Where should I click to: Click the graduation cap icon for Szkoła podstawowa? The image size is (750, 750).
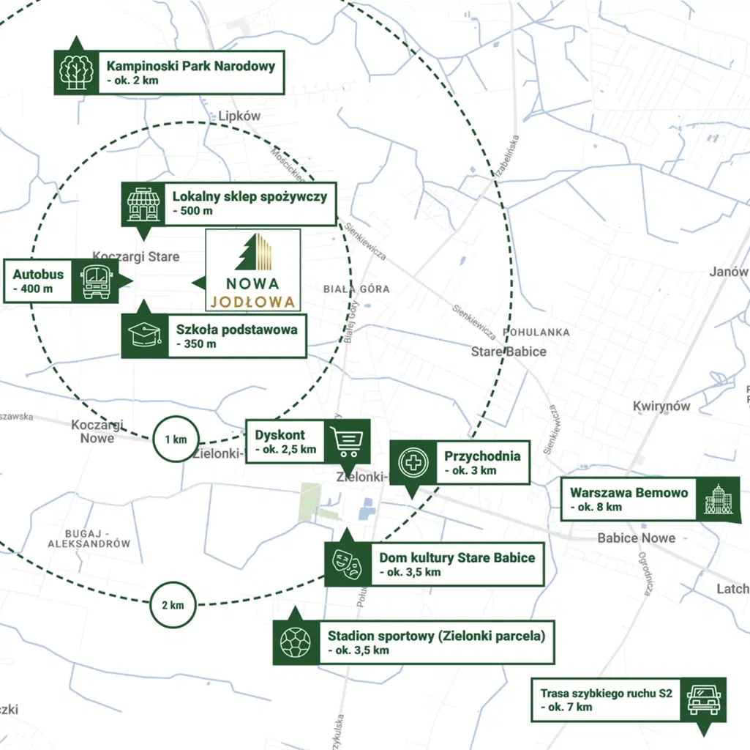click(144, 336)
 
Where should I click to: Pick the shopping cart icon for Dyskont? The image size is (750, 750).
click(347, 441)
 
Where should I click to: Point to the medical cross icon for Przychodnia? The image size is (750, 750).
click(413, 462)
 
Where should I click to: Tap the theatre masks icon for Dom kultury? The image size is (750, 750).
click(348, 564)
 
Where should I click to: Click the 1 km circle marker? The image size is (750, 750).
click(176, 439)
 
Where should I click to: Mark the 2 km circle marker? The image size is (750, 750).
click(173, 605)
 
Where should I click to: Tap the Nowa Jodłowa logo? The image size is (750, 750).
click(253, 270)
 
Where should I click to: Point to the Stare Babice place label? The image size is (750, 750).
click(508, 352)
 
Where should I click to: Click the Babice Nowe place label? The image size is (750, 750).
click(636, 538)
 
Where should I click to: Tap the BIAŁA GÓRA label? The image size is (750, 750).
click(356, 289)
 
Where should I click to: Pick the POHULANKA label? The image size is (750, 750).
click(536, 332)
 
